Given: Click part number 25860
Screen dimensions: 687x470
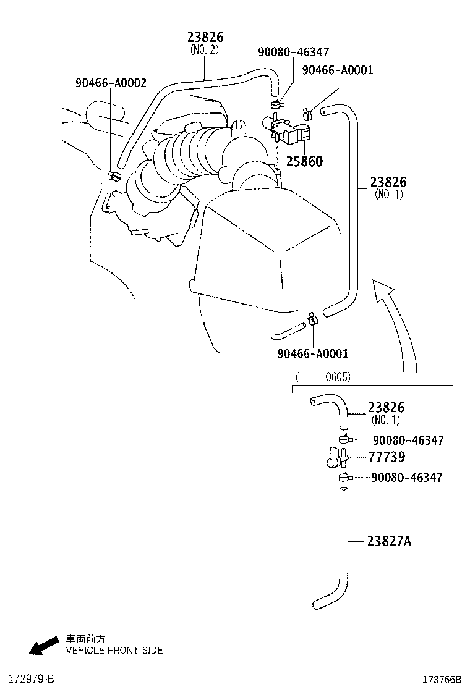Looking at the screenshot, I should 304,162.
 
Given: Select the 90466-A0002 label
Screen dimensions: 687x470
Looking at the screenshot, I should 111,83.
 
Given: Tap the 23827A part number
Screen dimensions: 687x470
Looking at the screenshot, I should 389,542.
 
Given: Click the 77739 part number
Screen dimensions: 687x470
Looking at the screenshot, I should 387,457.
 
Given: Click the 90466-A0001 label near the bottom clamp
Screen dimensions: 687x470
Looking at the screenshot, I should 313,353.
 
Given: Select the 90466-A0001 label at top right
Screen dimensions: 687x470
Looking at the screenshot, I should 338,70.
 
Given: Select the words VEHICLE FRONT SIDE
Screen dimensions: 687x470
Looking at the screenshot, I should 114,651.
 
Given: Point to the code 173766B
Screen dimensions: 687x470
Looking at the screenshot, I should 442,680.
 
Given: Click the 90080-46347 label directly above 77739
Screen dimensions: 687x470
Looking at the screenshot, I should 408,440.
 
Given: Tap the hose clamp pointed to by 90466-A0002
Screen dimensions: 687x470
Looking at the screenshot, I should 113,177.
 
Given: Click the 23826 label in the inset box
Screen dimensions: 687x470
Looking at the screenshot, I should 386,408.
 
